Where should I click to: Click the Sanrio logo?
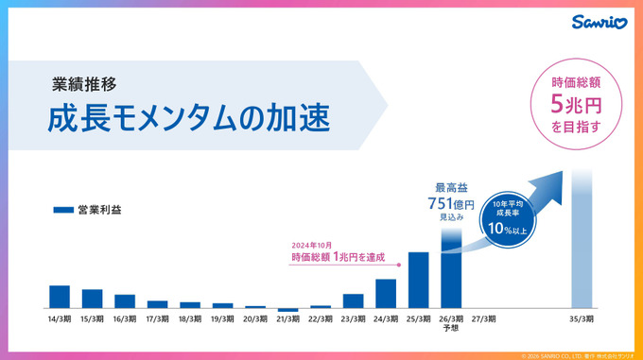(x=596, y=23)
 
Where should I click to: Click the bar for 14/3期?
(x=60, y=297)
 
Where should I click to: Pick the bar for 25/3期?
(x=418, y=280)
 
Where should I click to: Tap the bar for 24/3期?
(x=386, y=294)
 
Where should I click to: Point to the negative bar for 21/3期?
(x=288, y=310)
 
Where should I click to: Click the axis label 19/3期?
(x=223, y=319)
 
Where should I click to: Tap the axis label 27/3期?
(x=483, y=319)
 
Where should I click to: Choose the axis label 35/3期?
(x=583, y=319)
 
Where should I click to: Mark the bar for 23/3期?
(x=354, y=300)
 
